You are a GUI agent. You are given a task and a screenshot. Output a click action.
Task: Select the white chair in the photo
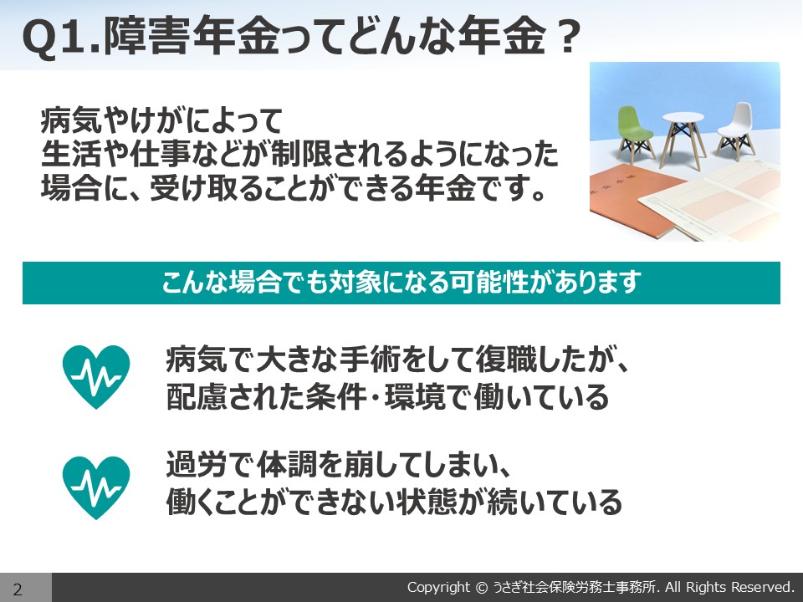click(736, 129)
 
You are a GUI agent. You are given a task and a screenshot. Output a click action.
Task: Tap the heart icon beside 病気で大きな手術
click(96, 377)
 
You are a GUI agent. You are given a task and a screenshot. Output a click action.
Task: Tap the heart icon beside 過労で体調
click(96, 487)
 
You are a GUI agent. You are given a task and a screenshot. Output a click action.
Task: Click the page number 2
click(18, 589)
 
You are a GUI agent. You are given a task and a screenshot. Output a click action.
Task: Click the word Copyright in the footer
click(437, 587)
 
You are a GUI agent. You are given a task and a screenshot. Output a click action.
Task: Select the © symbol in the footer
click(482, 587)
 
